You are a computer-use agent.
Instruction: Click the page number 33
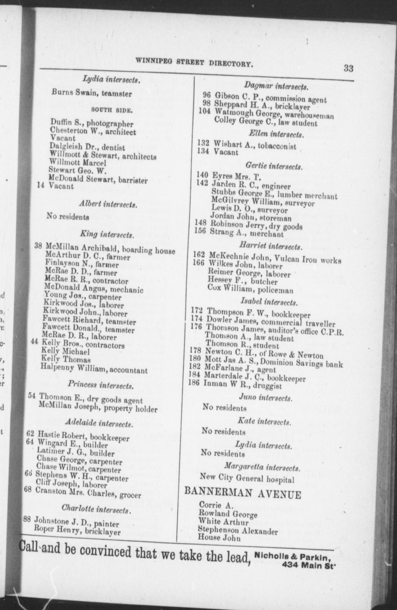click(x=348, y=68)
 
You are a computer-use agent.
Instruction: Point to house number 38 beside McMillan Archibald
click(x=38, y=245)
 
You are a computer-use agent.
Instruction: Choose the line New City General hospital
click(x=247, y=478)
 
